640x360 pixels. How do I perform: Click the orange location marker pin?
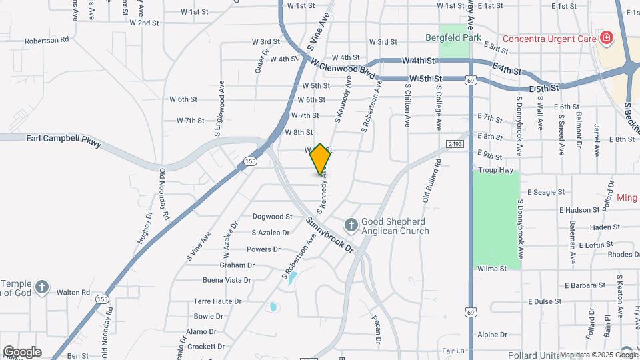[x=320, y=159]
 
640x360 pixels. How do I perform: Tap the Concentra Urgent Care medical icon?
[x=606, y=38]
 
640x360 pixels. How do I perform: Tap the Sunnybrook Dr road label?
[x=330, y=234]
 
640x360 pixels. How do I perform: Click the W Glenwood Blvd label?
[x=339, y=69]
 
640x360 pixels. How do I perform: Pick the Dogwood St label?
[x=273, y=217]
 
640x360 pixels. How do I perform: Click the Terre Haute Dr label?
[x=217, y=301]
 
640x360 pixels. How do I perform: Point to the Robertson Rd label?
[x=47, y=40]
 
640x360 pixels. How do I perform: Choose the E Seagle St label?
[x=546, y=192]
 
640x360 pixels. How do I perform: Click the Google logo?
[x=21, y=352]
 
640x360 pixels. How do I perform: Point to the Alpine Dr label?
[x=492, y=335]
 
